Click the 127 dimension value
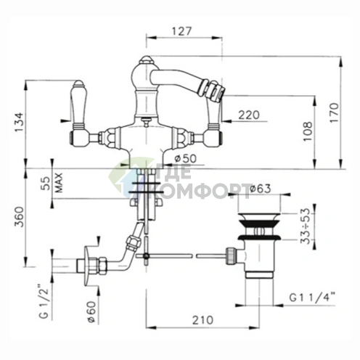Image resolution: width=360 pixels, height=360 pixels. tap(181, 31)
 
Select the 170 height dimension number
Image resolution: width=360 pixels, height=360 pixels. tap(334, 112)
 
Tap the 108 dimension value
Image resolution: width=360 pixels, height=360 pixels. tap(308, 131)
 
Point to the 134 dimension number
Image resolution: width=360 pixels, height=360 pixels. tap(19, 123)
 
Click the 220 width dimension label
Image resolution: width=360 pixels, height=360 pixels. tap(249, 115)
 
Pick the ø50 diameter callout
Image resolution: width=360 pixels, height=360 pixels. tap(185, 159)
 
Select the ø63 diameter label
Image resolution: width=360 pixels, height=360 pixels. tap(260, 189)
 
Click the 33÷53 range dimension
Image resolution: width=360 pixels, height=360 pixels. tap(306, 226)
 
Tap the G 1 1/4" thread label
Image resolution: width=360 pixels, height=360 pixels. tap(312, 298)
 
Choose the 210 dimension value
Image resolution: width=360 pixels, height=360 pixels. tap(202, 320)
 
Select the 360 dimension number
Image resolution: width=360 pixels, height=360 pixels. tap(19, 217)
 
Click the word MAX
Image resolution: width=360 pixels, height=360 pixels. tap(59, 183)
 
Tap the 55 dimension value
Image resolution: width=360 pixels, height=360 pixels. tap(46, 184)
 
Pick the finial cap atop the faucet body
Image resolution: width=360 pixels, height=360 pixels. tap(146, 60)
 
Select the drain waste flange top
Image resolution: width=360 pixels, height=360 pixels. tap(259, 217)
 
